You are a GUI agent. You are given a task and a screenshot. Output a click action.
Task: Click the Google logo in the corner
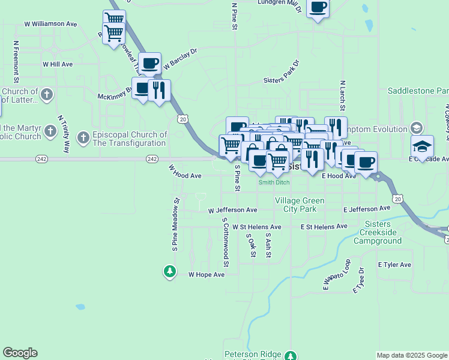point(20,353)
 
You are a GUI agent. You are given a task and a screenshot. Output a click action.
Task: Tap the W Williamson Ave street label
point(51,24)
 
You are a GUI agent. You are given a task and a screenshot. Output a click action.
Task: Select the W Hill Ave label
point(58,64)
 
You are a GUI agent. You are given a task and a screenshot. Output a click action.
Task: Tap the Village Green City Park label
point(300,205)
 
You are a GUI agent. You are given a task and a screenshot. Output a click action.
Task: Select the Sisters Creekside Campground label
point(377,232)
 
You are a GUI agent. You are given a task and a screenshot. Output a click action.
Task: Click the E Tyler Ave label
point(394,265)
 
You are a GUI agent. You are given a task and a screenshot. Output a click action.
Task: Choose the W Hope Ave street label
point(206,274)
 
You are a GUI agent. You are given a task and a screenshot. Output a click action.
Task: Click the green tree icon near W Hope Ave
point(170,271)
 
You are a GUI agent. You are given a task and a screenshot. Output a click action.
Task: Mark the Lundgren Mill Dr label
point(278,3)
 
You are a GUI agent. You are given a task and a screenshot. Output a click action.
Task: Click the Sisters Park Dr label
point(281,72)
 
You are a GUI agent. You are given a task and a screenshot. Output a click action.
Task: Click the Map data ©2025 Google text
point(411,355)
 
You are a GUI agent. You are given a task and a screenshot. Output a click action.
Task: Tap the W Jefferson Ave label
point(232,211)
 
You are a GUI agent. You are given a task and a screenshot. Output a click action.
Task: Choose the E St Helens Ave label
point(324,227)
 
